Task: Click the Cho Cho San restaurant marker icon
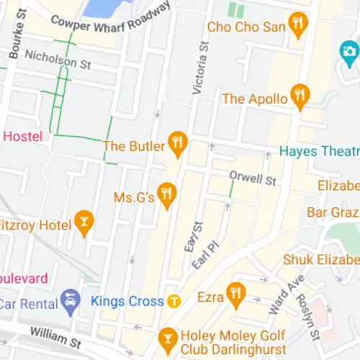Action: click(298, 27)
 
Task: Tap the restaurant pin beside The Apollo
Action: click(300, 96)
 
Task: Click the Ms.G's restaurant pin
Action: click(168, 194)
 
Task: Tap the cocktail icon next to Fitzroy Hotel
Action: click(84, 222)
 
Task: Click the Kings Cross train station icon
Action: click(173, 301)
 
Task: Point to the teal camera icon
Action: click(351, 51)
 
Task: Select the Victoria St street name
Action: click(200, 69)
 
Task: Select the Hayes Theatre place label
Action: click(319, 151)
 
